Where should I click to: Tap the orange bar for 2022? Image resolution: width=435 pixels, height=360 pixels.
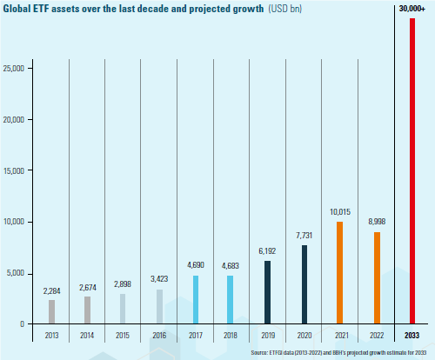click(376, 277)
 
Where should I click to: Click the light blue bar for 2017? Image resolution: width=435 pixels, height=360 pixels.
click(196, 299)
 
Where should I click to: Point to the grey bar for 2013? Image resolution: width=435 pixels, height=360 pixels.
click(52, 311)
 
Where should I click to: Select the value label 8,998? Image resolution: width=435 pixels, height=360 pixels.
click(376, 222)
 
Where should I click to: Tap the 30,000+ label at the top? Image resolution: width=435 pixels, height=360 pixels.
click(412, 8)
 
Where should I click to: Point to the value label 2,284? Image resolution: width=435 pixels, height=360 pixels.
click(52, 290)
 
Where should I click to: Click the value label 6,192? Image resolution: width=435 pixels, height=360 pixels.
click(267, 251)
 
